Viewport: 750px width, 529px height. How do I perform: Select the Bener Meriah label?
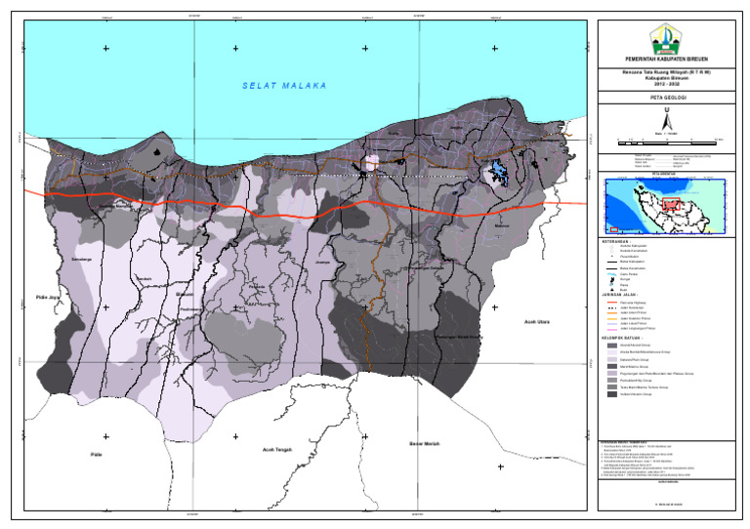click(x=427, y=444)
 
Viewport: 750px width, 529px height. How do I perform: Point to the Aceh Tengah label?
click(x=278, y=449)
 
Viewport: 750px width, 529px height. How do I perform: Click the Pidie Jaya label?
click(x=46, y=297)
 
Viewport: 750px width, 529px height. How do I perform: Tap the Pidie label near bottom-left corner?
click(x=96, y=454)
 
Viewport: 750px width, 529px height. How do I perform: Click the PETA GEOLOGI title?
click(x=667, y=99)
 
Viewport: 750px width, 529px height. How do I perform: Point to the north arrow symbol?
click(x=667, y=122)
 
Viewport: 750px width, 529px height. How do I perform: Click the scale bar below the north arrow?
click(x=667, y=143)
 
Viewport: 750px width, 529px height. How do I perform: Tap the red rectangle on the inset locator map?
click(x=671, y=205)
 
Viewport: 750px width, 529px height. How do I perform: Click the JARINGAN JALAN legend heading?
click(x=619, y=296)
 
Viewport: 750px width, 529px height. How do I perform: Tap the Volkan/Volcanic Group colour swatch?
click(x=612, y=394)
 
